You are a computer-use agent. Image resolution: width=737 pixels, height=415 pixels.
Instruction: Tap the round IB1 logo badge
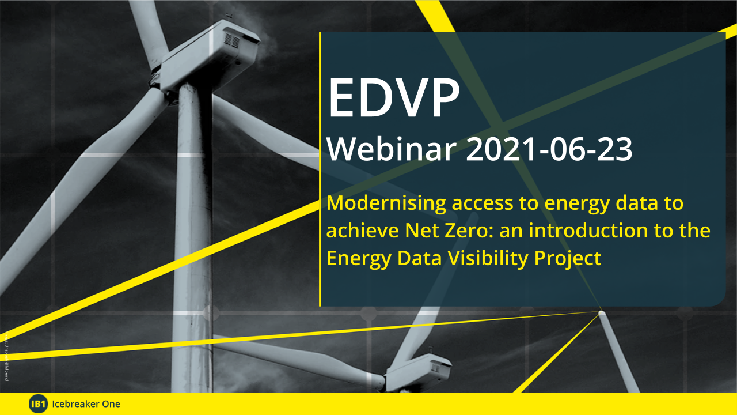click(x=38, y=404)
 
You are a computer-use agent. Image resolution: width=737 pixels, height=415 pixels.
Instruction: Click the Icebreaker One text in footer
click(x=86, y=404)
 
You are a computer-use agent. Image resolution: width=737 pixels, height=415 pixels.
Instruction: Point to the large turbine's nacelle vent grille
click(x=231, y=41)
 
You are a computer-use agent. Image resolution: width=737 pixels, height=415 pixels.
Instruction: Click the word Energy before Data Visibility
click(x=352, y=259)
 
